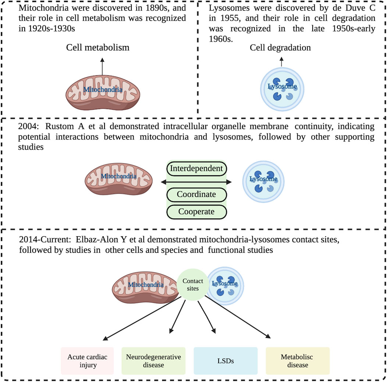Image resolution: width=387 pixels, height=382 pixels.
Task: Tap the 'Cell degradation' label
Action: click(280, 47)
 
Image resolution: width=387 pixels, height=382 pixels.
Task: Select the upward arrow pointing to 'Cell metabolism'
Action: click(103, 65)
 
